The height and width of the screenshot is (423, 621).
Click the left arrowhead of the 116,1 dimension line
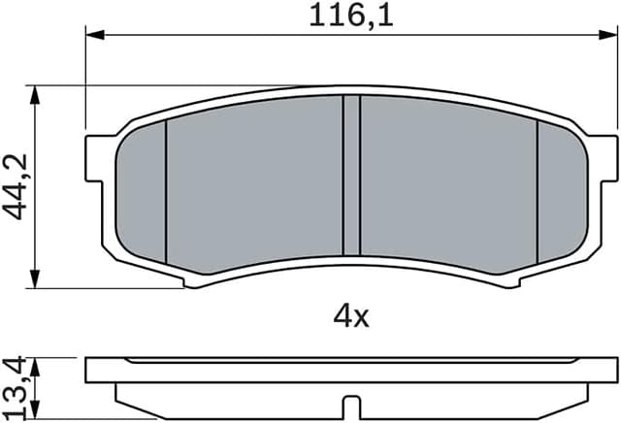[x=93, y=35]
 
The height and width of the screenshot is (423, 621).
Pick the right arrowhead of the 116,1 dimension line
[x=611, y=35]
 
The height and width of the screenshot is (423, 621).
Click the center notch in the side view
[x=351, y=406]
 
